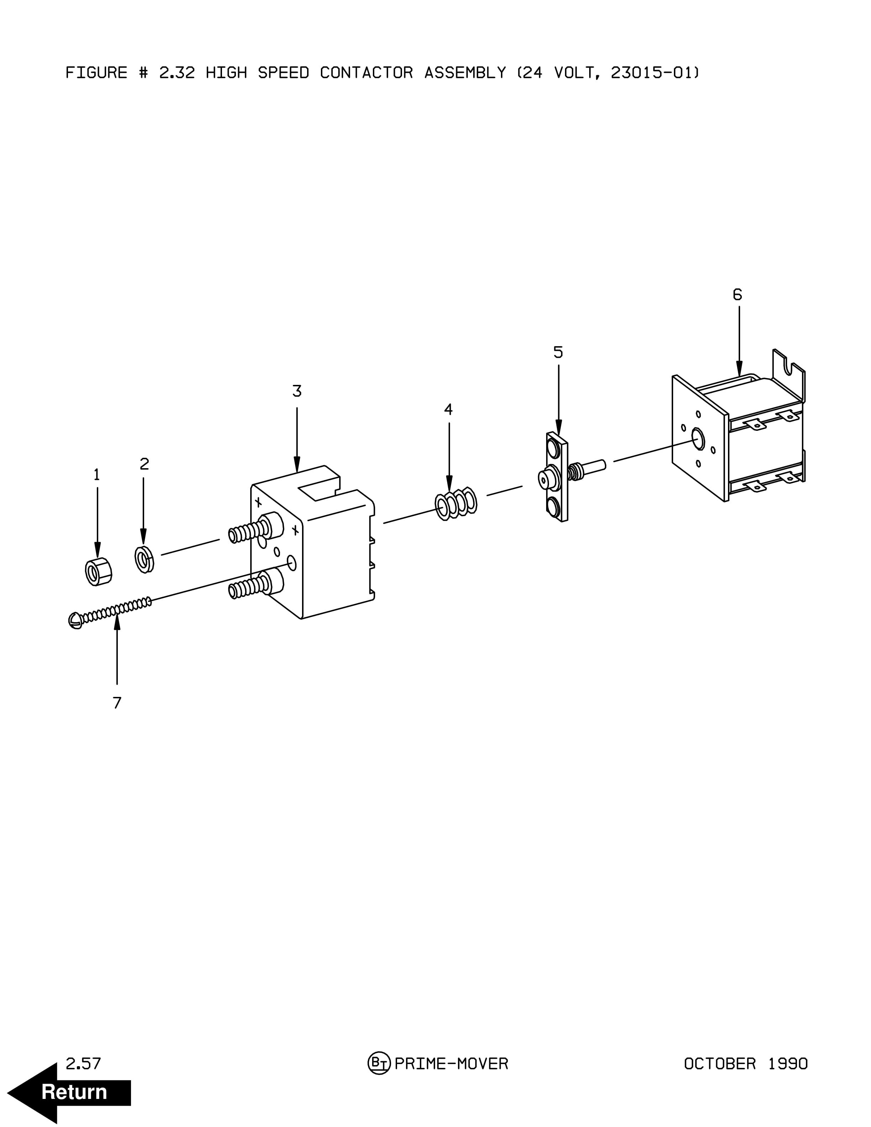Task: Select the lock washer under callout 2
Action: [x=144, y=559]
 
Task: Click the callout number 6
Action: [x=737, y=295]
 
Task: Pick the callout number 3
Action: [x=297, y=391]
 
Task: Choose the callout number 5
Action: [x=558, y=353]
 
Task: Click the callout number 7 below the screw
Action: [x=117, y=703]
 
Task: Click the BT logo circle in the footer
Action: [x=379, y=1064]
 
